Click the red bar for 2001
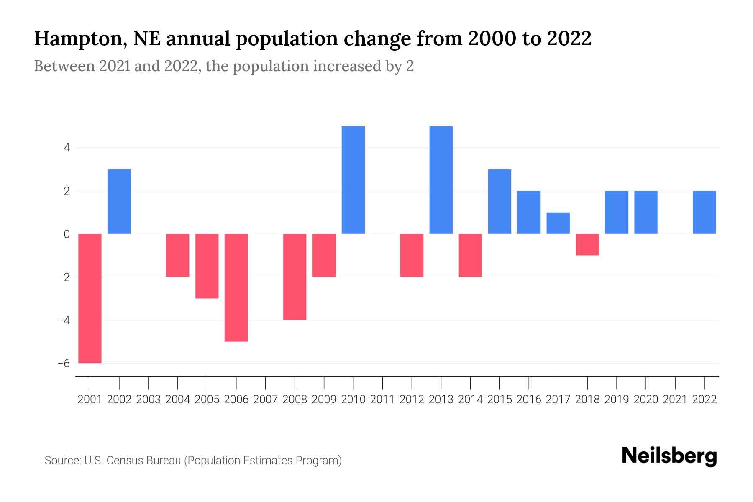coord(90,298)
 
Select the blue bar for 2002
coord(119,201)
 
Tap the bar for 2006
coord(236,287)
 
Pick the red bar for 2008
coord(295,277)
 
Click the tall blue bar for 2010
coord(353,180)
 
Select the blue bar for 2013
coord(441,180)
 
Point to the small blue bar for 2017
coord(558,223)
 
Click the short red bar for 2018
coord(587,244)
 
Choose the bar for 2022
coord(704,212)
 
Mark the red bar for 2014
coord(471,255)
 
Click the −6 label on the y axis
coord(64,363)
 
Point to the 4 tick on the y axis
coord(67,148)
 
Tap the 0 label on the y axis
coord(67,234)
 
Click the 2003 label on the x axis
coord(149,400)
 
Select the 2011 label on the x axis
coord(382,400)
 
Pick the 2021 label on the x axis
coord(675,400)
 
